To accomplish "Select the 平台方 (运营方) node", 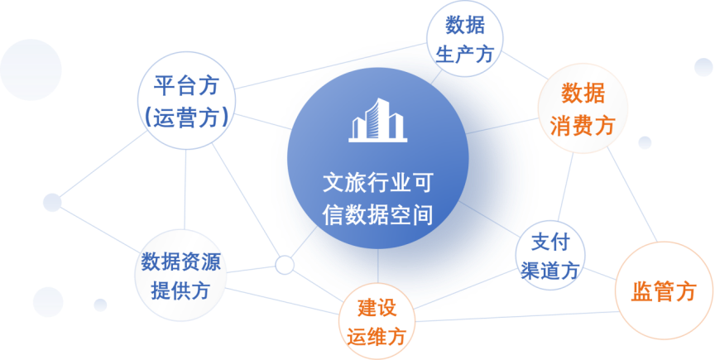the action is (186, 100).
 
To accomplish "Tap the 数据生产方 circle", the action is (464, 39).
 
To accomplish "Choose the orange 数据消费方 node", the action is (583, 108).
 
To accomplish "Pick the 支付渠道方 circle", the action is (550, 255).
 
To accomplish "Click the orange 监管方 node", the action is (664, 290).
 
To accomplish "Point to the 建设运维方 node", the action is (377, 321).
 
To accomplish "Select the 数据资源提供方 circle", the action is (180, 275).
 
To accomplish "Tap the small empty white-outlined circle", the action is (285, 265).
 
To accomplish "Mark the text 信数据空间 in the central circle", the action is (377, 214).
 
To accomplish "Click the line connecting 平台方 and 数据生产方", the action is (330, 66).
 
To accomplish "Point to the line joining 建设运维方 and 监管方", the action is (516, 317).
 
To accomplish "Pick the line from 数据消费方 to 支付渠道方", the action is (565, 187).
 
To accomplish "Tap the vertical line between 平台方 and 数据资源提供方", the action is (185, 190).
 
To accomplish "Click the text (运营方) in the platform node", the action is (186, 118).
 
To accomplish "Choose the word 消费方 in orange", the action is (583, 125).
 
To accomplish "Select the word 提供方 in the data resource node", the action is (180, 290).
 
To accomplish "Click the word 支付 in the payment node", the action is (550, 242).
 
